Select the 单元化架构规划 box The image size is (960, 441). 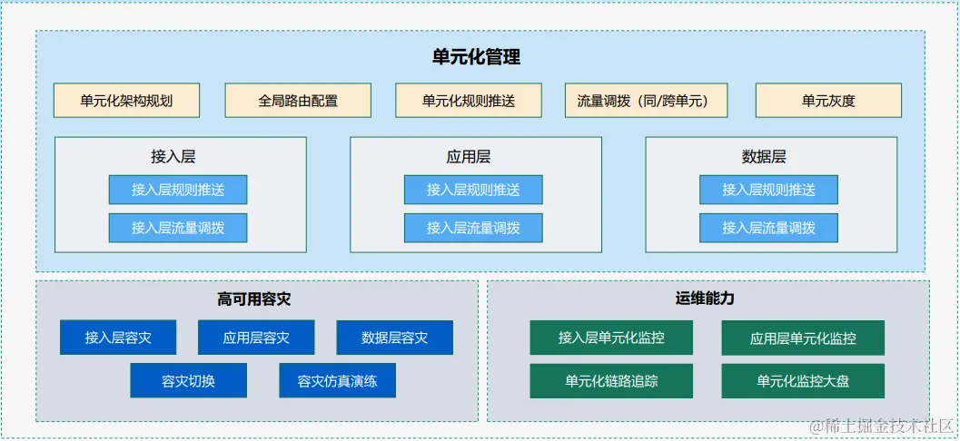click(x=126, y=101)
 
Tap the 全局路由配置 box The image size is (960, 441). click(x=298, y=101)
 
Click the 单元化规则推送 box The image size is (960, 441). click(x=469, y=101)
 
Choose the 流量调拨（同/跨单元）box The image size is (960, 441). click(x=641, y=101)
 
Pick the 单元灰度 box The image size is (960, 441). click(x=828, y=101)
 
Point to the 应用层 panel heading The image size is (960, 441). click(x=469, y=156)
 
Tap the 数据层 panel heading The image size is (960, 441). click(x=764, y=156)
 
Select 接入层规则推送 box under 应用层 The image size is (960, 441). click(x=473, y=190)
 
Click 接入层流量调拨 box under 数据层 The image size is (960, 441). click(x=768, y=228)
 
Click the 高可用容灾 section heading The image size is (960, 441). click(x=254, y=299)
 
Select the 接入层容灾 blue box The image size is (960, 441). click(x=118, y=338)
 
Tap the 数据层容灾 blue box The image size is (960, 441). click(x=394, y=338)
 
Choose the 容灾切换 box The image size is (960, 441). click(x=188, y=381)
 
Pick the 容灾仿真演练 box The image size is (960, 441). click(x=337, y=381)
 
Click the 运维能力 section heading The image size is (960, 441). click(x=706, y=299)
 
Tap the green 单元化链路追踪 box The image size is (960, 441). click(x=611, y=381)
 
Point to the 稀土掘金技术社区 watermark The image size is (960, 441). click(x=881, y=425)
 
